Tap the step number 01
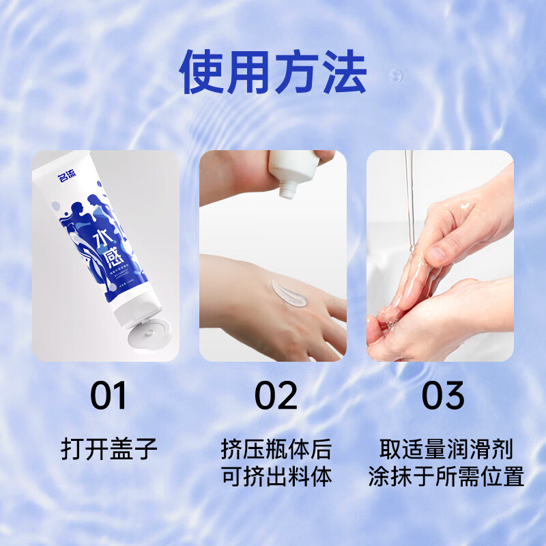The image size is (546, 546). (x=109, y=396)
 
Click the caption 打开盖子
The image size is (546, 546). (x=109, y=449)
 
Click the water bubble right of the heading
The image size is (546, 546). (x=395, y=75)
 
